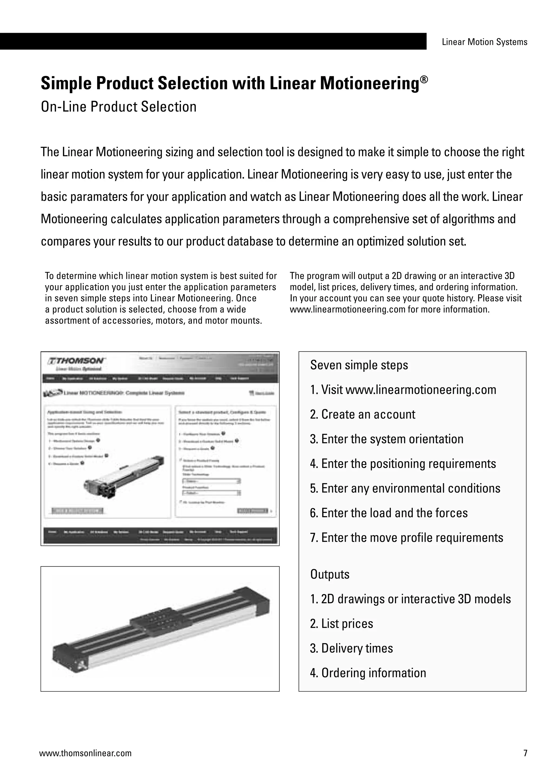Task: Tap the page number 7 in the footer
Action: tap(525, 753)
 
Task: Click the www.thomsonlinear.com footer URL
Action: tap(85, 753)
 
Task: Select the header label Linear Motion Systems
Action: tap(484, 42)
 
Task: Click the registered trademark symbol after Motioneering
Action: tap(423, 80)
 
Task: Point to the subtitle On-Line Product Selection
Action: tap(119, 107)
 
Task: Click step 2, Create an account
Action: tap(363, 414)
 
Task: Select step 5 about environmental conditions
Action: tap(405, 488)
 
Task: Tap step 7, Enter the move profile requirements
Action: tap(406, 538)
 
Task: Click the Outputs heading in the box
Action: tap(329, 575)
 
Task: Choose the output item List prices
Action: tap(341, 624)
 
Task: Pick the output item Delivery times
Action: tap(351, 648)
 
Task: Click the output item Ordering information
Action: tap(368, 673)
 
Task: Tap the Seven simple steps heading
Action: tap(359, 365)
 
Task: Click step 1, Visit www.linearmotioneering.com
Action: tap(403, 390)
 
